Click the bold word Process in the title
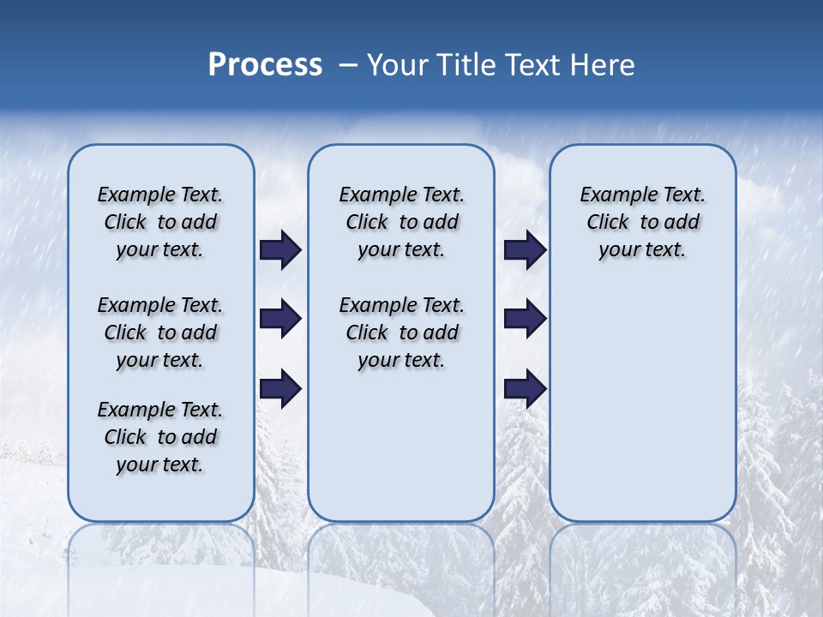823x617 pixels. (265, 64)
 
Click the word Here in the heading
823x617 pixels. (604, 64)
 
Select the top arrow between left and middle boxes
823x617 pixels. (280, 250)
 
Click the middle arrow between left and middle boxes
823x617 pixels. (280, 319)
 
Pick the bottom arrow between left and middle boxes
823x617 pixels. (280, 388)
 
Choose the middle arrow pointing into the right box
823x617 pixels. (525, 319)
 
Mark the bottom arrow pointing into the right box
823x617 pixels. (525, 388)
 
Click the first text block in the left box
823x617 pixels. (160, 222)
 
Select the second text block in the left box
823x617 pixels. (160, 332)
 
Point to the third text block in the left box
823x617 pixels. (160, 437)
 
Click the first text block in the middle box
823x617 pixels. (401, 222)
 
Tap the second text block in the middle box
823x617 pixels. (401, 332)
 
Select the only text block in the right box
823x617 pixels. (642, 222)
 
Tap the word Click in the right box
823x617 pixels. (608, 223)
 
